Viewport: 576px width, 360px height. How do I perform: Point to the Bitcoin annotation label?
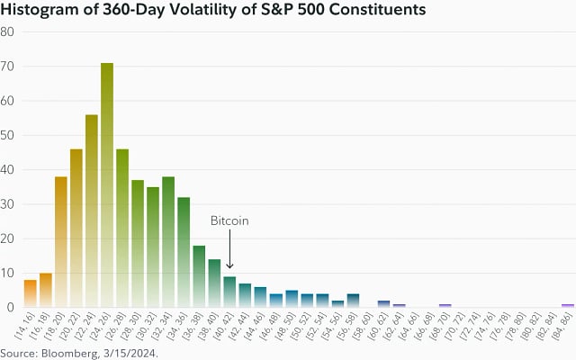click(229, 220)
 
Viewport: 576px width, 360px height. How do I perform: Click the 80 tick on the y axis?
click(7, 31)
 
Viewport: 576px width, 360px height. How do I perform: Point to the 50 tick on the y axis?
click(7, 135)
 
